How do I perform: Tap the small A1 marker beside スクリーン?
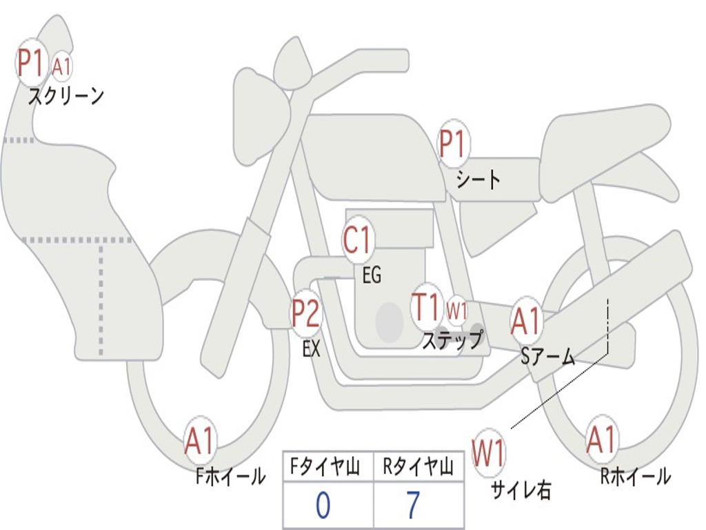61,67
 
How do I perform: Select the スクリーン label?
66,96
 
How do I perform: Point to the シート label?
478,179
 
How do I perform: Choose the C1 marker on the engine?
356,239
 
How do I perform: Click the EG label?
372,275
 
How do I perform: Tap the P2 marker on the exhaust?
306,313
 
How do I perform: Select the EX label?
312,349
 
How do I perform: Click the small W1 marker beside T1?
456,311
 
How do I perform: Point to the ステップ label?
452,340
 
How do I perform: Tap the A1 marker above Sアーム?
526,322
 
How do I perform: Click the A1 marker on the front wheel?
201,440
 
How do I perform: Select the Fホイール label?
230,476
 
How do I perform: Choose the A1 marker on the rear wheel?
602,440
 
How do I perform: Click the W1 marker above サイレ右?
489,453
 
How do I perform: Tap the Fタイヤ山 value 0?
323,504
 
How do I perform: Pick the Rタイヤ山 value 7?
414,504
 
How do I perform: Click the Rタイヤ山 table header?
418,467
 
